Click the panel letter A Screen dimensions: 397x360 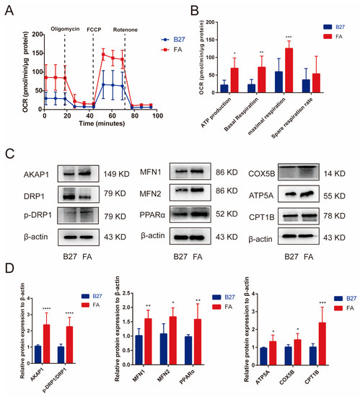(x=9, y=9)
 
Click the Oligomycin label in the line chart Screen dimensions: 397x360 (x=69, y=30)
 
